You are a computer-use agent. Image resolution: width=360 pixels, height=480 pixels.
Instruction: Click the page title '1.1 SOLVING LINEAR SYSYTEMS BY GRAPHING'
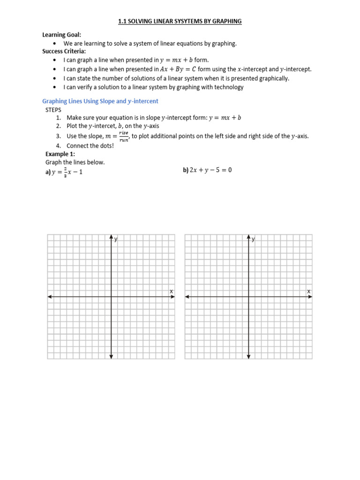(180, 21)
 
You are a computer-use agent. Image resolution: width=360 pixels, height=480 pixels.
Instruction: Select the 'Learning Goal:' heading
(61, 35)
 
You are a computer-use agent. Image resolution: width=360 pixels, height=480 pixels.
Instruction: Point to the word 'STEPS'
(53, 110)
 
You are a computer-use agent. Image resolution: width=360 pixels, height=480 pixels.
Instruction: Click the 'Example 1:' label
(60, 154)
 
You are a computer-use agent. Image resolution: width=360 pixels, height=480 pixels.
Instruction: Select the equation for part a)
(67, 172)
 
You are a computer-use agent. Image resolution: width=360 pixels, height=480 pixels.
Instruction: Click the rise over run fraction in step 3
(124, 136)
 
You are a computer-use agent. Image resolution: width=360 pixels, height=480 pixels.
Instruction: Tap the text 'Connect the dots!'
(90, 145)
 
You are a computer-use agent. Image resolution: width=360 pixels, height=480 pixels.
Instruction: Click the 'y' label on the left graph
(116, 240)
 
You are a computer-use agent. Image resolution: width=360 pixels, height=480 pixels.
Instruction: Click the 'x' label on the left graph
(171, 292)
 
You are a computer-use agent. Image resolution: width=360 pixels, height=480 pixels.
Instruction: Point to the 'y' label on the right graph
(253, 240)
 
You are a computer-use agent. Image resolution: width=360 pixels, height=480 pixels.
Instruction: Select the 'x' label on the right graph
(308, 292)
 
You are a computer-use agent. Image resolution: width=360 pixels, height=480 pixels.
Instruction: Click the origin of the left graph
(111, 297)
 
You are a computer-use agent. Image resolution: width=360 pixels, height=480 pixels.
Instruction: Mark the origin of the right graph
(248, 297)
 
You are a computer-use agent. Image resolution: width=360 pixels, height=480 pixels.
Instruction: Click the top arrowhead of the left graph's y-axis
(111, 236)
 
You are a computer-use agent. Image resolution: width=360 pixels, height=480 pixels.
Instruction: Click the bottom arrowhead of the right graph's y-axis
(248, 357)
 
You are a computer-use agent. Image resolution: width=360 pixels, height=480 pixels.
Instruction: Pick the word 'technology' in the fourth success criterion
(227, 87)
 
